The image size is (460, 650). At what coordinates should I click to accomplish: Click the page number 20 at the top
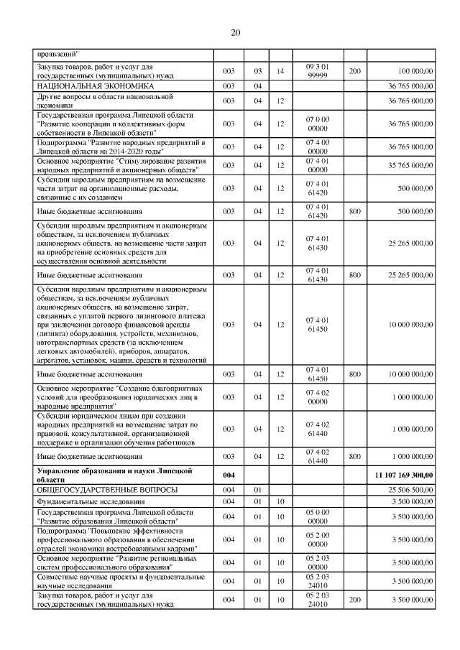click(x=235, y=32)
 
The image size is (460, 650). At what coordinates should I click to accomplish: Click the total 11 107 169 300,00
click(x=404, y=475)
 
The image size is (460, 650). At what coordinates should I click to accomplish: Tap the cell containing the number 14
click(x=280, y=72)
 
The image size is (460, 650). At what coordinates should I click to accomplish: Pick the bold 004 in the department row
click(x=229, y=475)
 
